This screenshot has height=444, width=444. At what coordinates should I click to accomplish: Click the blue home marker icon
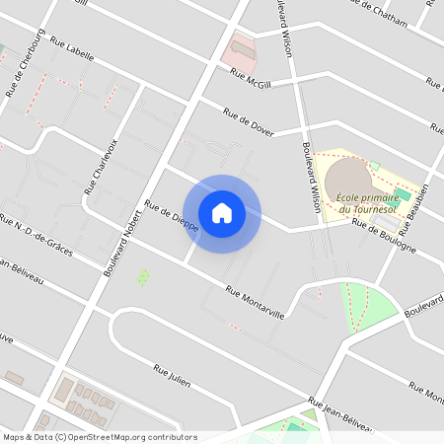point(222,212)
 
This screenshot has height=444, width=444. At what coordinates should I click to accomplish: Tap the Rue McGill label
point(251,79)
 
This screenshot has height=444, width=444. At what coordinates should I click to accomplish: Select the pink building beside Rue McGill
point(242,45)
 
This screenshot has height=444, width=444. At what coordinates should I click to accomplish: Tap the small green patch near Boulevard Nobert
point(143,277)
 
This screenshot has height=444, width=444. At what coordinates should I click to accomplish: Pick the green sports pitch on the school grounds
point(402,194)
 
